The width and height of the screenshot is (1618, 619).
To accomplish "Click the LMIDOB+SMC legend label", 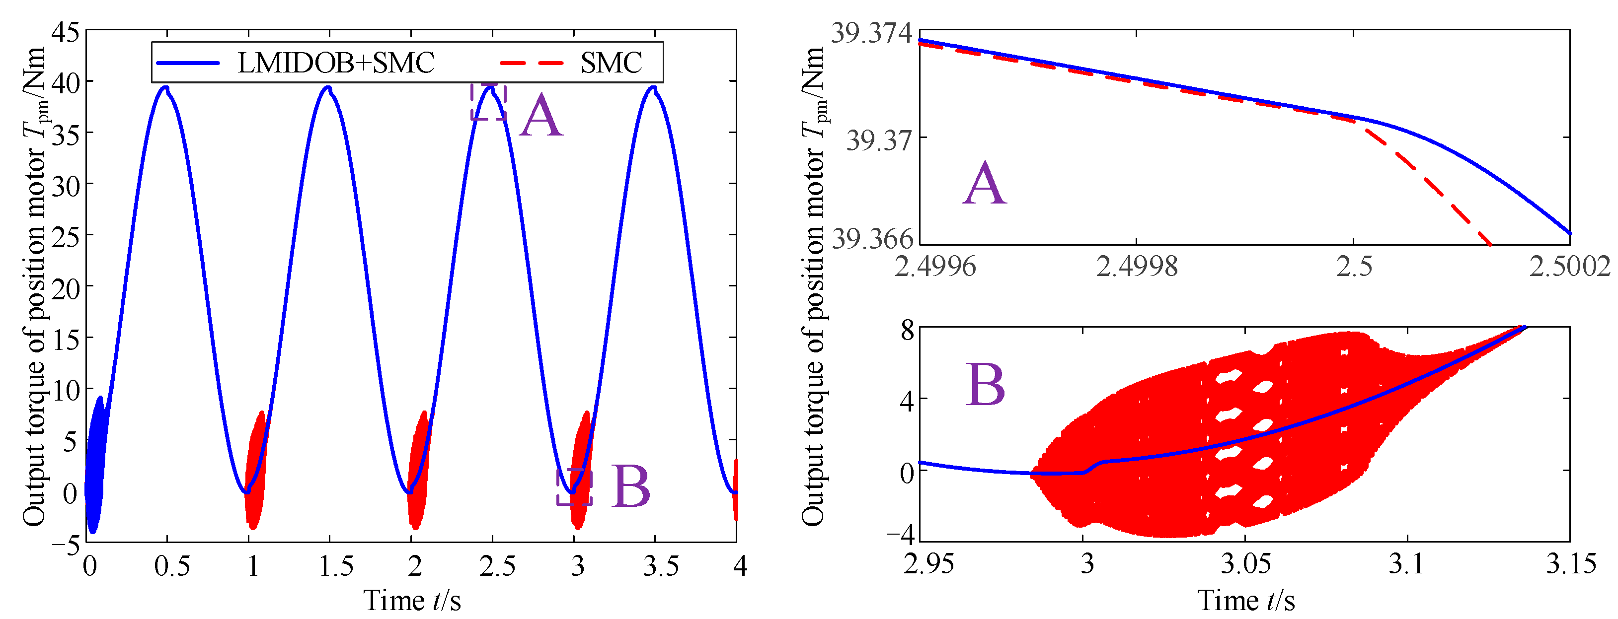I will pos(336,63).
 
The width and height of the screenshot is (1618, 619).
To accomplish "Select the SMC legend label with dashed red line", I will pos(611,63).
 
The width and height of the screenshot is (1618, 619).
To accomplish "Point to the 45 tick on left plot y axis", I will pos(65,31).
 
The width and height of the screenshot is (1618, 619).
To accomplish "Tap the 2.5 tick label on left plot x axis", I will pos(497,566).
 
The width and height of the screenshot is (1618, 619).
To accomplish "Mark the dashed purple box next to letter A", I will pos(488,102).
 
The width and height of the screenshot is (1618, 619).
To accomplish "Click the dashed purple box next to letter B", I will pos(574,486).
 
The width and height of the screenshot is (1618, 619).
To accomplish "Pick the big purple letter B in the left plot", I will pos(630,486).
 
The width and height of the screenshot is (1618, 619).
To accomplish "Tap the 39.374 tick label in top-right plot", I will pos(872,33).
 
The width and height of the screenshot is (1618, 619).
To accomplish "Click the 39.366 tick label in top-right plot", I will pos(872,239).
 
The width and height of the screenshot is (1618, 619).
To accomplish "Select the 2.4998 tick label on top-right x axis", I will pos(1136,267).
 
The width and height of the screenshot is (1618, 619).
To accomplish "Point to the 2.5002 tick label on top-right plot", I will pos(1569,267).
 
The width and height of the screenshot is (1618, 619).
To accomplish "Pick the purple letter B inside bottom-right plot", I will pos(985,384).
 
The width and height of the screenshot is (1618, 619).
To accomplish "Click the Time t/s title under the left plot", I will pos(412,601).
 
